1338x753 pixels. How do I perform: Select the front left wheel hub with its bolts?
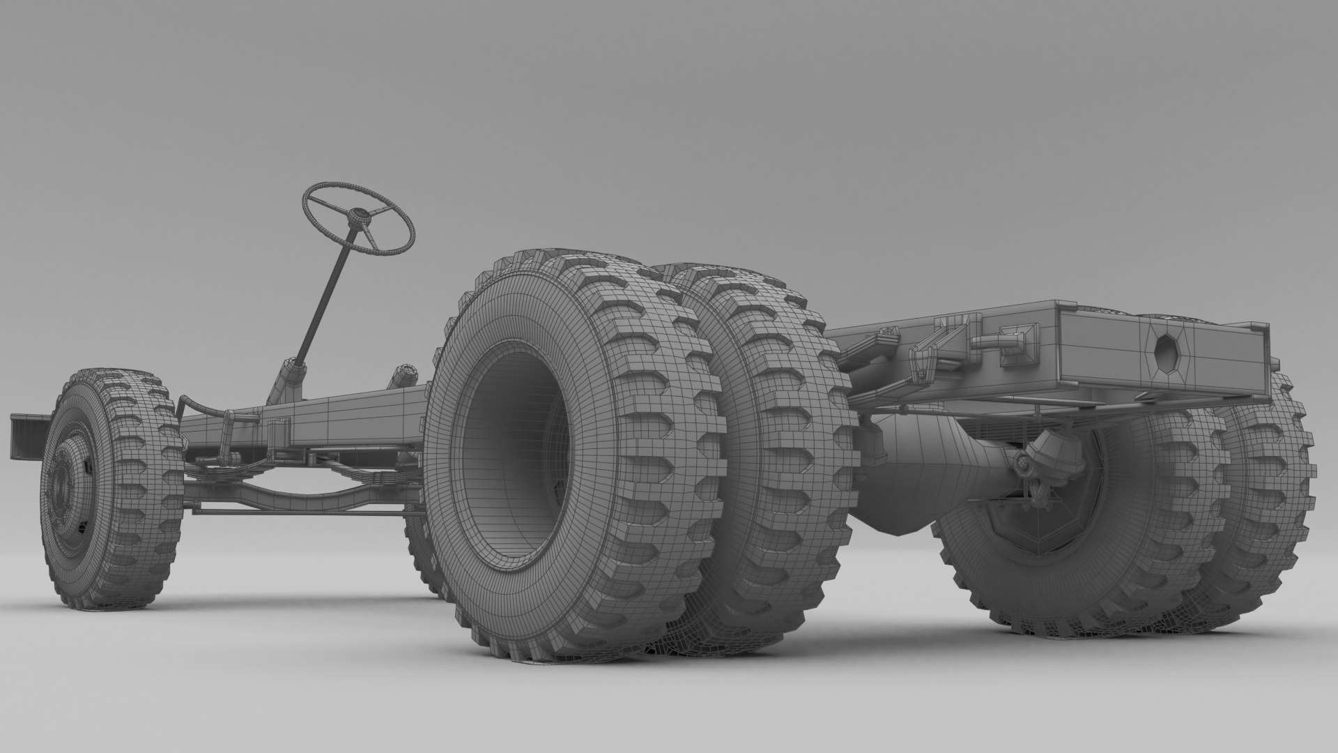[59, 481]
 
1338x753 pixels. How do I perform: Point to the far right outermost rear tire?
[1268, 488]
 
